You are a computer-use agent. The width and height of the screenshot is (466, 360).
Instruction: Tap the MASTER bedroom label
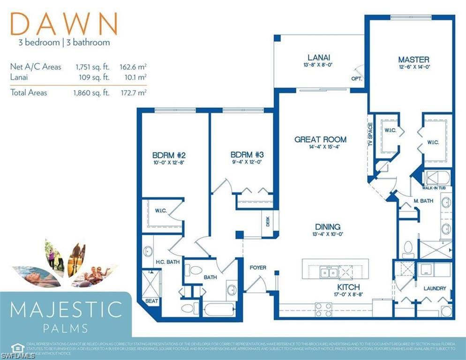(413, 60)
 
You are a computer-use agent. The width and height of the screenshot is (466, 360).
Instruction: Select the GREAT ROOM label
(321, 139)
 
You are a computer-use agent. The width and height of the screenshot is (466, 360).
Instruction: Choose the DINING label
(327, 226)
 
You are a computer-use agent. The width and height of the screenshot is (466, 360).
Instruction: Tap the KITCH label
(348, 287)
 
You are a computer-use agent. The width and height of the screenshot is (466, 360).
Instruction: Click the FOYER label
(257, 268)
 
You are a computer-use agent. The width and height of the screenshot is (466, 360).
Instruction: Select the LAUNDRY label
(435, 288)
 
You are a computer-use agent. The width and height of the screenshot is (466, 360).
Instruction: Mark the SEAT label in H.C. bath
(152, 301)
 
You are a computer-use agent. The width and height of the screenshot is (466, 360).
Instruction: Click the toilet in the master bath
(407, 247)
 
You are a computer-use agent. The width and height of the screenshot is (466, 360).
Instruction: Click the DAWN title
(64, 23)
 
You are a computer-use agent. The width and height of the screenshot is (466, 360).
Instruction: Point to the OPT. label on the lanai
(356, 79)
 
